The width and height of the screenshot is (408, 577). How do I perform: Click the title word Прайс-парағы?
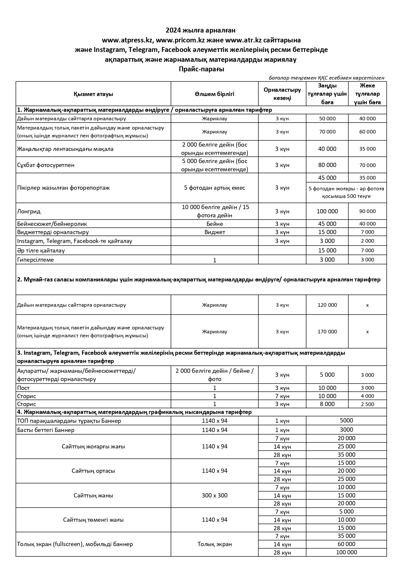coord(201,69)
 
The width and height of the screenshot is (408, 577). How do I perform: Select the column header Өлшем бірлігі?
coord(214,94)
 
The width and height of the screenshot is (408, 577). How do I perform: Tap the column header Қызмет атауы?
coord(93,94)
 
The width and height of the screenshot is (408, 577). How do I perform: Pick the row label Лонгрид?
coord(29,211)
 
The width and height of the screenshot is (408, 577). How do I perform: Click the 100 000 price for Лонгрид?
coord(327,211)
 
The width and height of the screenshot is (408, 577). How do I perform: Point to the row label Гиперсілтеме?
coord(36,260)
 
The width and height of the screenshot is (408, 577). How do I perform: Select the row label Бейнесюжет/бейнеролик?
coord(52,224)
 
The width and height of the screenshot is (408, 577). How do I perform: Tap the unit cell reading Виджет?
coord(214,232)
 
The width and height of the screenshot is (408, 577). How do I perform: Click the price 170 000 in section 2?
coord(327,332)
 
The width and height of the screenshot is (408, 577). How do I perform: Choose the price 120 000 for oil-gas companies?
coord(327,305)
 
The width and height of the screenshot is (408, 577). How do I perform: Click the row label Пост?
coord(23,388)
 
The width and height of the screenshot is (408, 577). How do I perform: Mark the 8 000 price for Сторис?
coord(327,404)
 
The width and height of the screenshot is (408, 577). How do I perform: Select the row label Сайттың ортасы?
coord(93,471)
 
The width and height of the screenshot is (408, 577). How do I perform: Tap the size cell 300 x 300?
coord(214,495)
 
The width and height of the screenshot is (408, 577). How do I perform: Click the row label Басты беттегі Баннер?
coord(46,430)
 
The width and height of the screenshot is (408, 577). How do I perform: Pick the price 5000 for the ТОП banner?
coord(346,421)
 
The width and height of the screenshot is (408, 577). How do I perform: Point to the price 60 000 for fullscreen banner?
coord(346,544)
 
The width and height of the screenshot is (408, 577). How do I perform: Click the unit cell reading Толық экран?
coord(214,544)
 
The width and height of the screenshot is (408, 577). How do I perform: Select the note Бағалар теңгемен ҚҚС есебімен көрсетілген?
coord(326,78)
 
